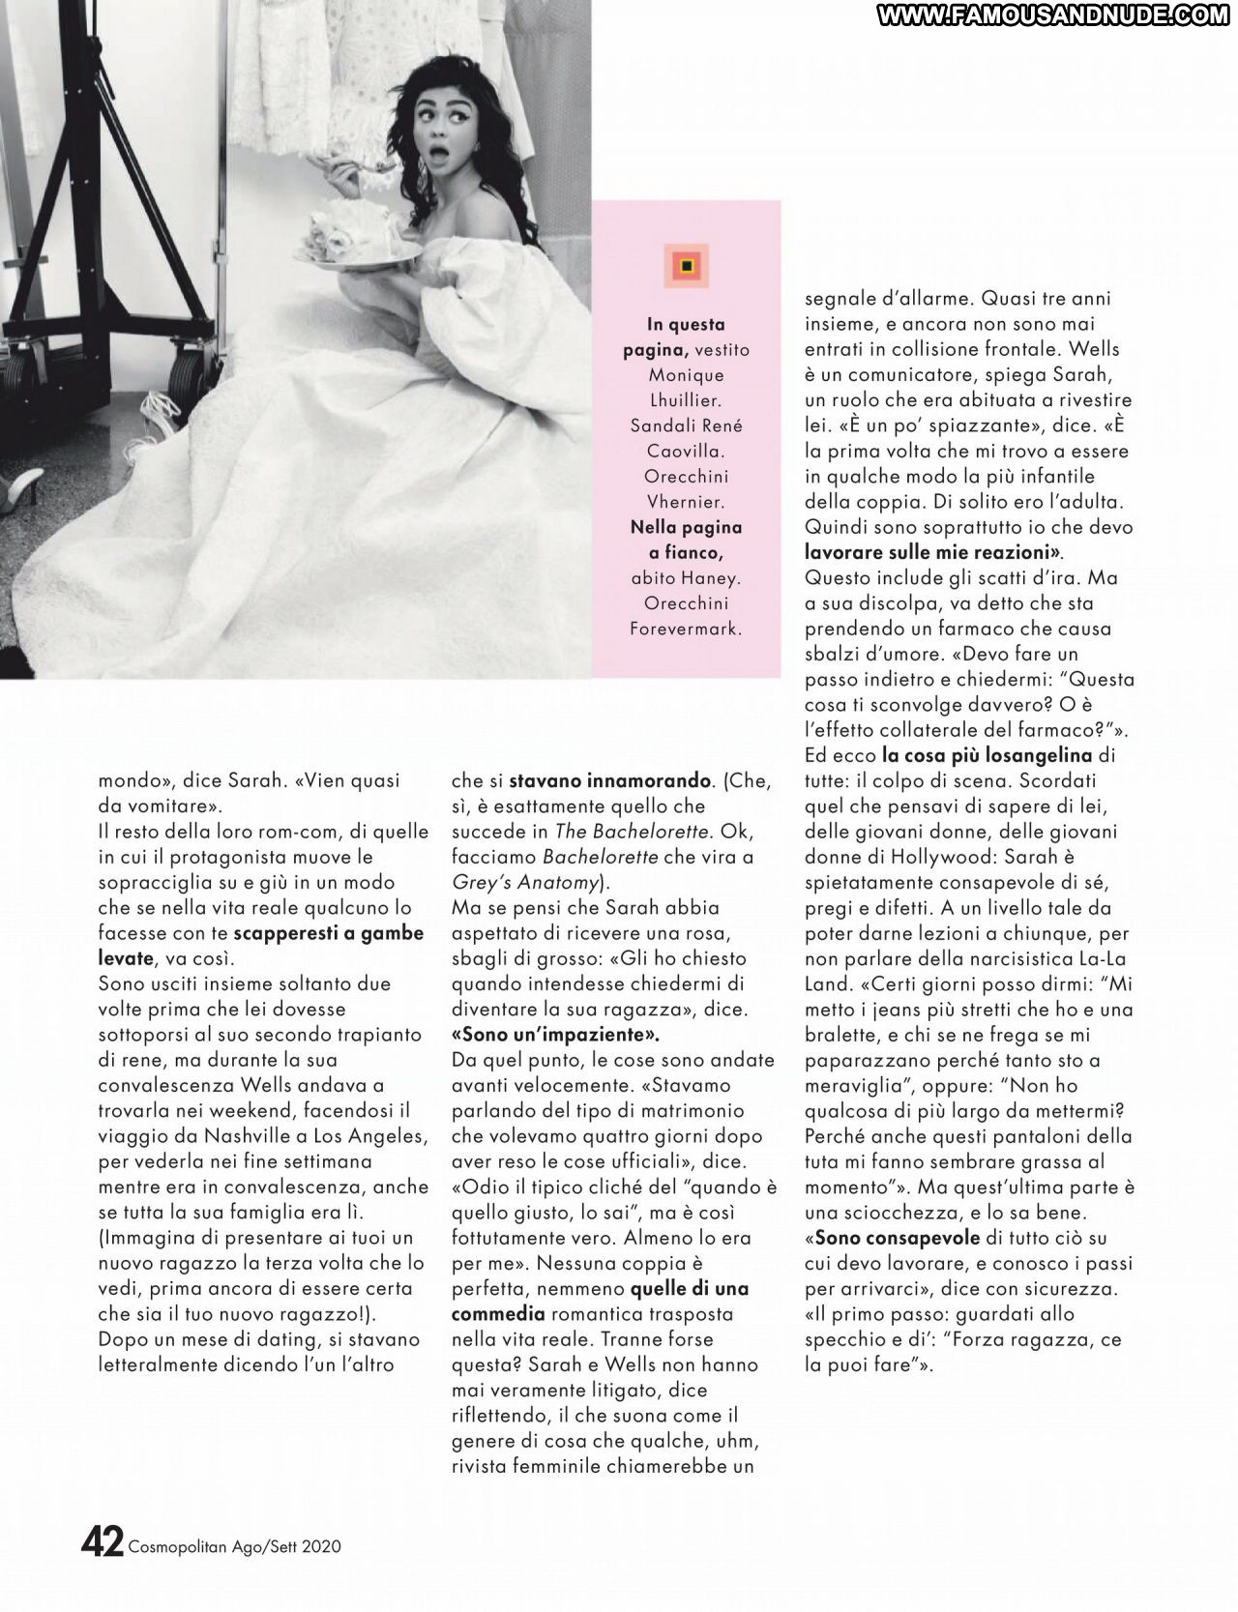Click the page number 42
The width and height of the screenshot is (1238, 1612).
click(102, 1542)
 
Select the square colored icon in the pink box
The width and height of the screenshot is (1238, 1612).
click(686, 265)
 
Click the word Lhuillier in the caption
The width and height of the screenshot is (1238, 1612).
click(686, 399)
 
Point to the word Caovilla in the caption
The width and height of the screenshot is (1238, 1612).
click(686, 451)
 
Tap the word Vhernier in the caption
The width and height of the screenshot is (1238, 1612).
click(686, 501)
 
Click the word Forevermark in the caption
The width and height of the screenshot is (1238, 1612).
click(686, 628)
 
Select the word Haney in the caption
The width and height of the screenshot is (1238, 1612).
click(712, 577)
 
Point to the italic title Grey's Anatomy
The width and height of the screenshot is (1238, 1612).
click(524, 882)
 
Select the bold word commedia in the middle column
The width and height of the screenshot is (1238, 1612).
click(495, 1313)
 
